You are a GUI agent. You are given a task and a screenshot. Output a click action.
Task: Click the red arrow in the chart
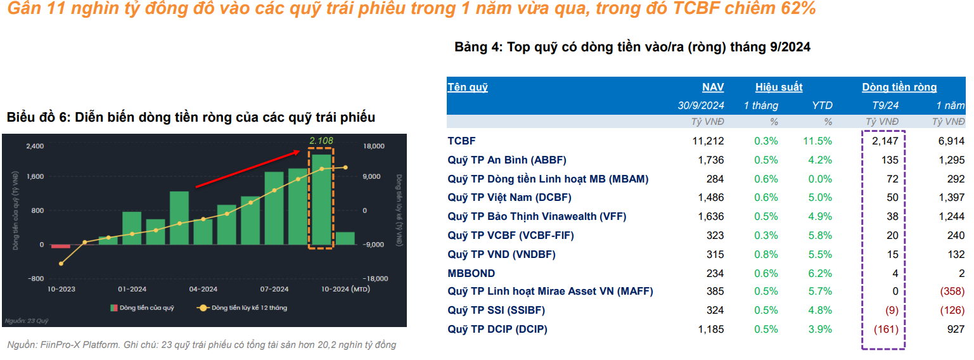click(x=248, y=169)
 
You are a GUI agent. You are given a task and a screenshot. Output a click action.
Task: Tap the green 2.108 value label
click(x=321, y=141)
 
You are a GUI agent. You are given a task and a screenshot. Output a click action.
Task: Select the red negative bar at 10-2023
click(x=60, y=246)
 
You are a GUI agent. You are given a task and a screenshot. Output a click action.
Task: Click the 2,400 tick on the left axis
click(x=35, y=146)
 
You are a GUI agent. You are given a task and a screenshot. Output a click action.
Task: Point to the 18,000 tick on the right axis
click(x=373, y=146)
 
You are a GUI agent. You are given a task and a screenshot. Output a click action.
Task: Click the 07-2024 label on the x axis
click(x=274, y=289)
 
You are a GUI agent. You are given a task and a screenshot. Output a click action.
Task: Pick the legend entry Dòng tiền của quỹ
click(x=142, y=308)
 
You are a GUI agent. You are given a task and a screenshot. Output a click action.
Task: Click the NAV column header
click(x=713, y=87)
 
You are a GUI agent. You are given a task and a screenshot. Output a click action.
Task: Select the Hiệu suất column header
click(x=779, y=87)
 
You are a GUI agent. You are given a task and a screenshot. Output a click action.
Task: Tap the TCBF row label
click(x=461, y=141)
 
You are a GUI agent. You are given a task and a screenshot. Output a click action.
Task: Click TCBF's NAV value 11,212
click(x=708, y=141)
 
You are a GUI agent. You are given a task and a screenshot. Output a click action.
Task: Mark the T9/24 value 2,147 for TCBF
click(x=885, y=141)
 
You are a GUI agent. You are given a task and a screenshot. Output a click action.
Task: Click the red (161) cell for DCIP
click(x=886, y=329)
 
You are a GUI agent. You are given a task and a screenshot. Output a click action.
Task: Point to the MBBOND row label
click(x=471, y=273)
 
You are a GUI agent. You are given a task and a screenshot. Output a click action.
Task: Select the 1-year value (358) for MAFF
click(x=952, y=292)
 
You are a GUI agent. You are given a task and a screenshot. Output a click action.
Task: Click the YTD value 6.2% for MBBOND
click(x=820, y=273)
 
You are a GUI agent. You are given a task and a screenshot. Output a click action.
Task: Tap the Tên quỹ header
click(x=468, y=87)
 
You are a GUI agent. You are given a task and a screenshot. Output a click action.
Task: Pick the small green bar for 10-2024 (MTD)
click(x=345, y=238)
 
